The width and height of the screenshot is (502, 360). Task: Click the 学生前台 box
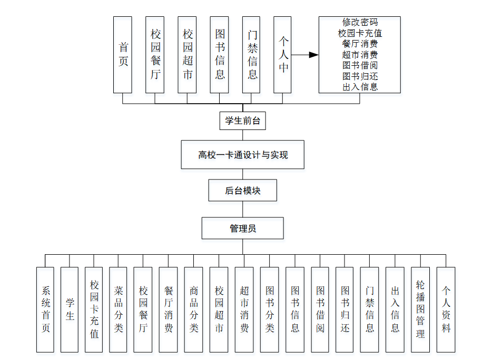tap(242, 121)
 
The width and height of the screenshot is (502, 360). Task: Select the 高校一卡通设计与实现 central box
tap(242, 155)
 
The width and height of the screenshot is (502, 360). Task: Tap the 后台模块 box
tap(242, 191)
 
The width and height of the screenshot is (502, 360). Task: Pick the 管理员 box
tap(242, 228)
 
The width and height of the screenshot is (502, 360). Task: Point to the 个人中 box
tap(283, 55)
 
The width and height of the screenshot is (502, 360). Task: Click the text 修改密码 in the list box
tap(360, 22)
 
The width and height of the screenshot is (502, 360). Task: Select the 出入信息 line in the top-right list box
tap(360, 87)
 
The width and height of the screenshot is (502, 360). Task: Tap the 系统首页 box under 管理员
tap(45, 309)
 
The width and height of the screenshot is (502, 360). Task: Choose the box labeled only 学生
tap(70, 309)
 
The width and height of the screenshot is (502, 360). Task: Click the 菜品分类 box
tap(118, 309)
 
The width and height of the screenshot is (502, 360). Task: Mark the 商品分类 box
tap(193, 309)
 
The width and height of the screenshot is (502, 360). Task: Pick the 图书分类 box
tap(269, 309)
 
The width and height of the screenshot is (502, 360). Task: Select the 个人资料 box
tap(446, 309)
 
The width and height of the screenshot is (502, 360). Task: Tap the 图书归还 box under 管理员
tap(344, 309)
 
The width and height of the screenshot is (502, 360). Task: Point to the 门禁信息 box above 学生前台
tap(252, 55)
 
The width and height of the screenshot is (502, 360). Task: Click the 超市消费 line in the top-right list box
tap(360, 55)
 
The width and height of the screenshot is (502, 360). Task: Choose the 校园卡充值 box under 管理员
tap(94, 309)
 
